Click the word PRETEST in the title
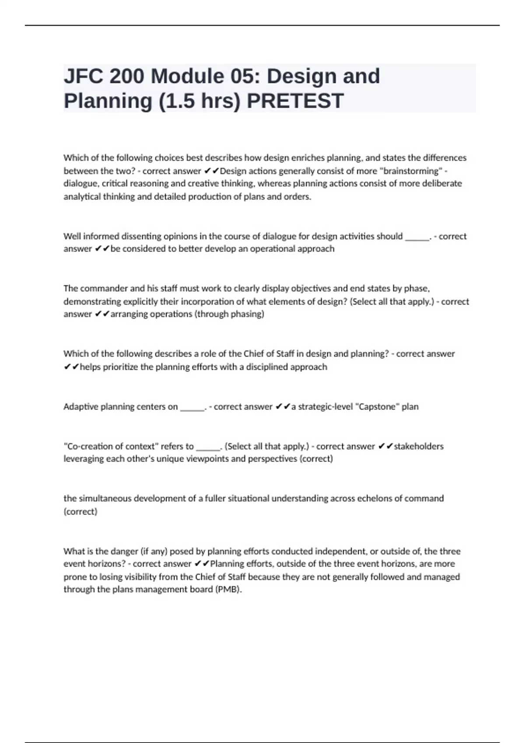(x=295, y=101)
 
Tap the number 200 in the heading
(x=127, y=76)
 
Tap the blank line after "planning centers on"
(x=192, y=408)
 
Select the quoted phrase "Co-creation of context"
(x=111, y=447)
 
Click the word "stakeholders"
(x=419, y=447)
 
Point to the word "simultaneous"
(x=104, y=499)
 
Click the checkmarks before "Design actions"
(x=211, y=171)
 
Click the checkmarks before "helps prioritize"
(x=71, y=367)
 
